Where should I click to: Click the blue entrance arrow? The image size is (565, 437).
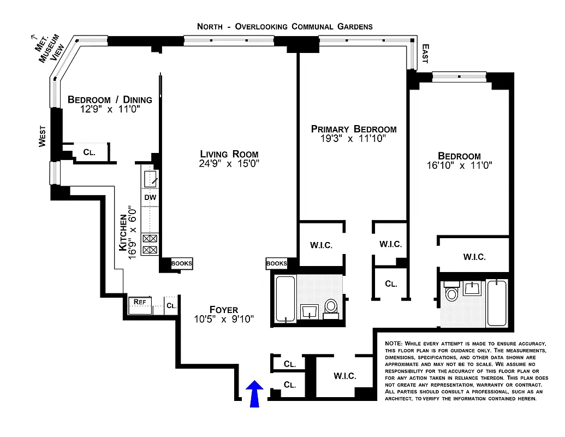(254, 394)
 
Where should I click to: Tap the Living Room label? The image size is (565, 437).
(229, 154)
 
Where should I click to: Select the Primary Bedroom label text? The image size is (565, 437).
(353, 129)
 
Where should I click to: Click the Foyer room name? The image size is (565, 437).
(223, 310)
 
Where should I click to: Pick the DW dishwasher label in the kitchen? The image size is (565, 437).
(150, 197)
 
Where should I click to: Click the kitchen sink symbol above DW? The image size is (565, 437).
(151, 179)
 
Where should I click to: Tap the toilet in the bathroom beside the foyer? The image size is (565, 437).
(331, 308)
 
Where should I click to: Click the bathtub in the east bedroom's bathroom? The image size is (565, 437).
(496, 303)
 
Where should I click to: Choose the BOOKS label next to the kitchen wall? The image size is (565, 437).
(182, 263)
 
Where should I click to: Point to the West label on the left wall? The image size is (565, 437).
(42, 135)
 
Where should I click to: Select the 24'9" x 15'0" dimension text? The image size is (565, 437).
(229, 164)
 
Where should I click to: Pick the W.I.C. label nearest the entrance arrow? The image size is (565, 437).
(344, 376)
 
